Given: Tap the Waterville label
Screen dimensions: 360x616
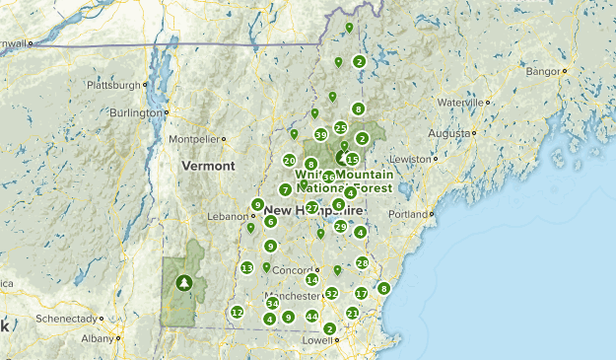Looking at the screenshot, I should point(461,102).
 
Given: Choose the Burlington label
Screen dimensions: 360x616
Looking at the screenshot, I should point(135,112).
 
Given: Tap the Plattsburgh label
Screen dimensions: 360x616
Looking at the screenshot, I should point(115,85).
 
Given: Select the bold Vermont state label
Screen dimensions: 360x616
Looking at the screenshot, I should point(208,166).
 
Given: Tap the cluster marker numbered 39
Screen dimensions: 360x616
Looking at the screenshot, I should point(320,135).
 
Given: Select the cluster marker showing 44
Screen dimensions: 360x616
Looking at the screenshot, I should point(311,317).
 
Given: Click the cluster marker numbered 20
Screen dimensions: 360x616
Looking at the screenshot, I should point(289,160).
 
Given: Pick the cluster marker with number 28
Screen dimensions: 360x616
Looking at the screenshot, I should point(362,262).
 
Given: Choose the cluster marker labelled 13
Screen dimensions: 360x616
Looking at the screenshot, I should point(246,267).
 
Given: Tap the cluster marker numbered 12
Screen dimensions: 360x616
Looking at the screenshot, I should point(237,312).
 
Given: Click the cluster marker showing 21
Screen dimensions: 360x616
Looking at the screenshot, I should point(352,313).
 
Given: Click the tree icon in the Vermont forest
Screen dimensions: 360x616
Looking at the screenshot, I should point(183,283).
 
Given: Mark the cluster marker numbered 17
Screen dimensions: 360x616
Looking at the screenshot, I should point(361,293).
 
